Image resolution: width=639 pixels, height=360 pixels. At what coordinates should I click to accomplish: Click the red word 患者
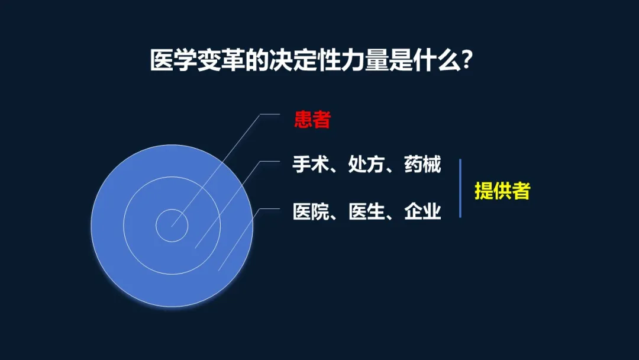coord(312,120)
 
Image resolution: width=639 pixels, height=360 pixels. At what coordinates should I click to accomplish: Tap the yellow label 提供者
coord(502,191)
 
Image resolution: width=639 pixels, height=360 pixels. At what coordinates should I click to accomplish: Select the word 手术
coord(311,164)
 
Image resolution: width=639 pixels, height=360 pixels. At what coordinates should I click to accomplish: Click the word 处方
coord(366,164)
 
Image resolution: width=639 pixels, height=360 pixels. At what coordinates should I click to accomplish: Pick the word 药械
coord(422,164)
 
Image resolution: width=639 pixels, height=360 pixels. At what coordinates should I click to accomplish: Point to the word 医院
coord(311,211)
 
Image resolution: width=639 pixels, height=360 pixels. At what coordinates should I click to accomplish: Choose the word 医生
coord(366,211)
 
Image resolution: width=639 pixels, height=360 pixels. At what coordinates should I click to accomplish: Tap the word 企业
coord(422,211)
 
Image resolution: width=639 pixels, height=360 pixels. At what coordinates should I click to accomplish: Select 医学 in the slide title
coord(173,60)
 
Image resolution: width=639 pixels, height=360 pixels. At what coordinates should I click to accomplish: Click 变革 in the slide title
coord(221,60)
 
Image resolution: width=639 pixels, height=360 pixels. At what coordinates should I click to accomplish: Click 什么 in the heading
coord(437,60)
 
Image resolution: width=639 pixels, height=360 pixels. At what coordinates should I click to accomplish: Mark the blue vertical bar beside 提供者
coord(460,188)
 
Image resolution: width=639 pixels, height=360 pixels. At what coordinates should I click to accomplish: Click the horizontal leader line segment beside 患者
coord(270,114)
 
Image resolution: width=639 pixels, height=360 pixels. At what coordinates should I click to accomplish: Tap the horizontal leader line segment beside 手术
coord(270,161)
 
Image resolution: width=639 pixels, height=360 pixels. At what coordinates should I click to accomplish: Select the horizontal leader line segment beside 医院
coord(270,209)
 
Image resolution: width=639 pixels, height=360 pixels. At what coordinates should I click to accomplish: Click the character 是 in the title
coord(401,60)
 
